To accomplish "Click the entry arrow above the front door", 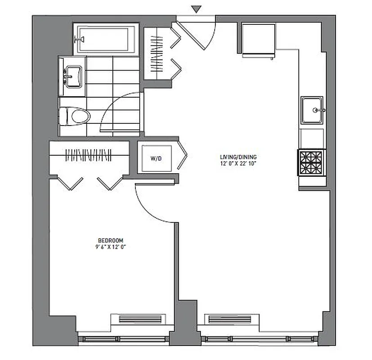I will click(195, 9).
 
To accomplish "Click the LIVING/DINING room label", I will click(238, 157).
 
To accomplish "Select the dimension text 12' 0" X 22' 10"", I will click(238, 163).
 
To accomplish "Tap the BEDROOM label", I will click(111, 240).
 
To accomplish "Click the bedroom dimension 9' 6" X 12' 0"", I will click(111, 247).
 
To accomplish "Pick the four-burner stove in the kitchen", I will click(310, 163).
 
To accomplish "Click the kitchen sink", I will click(312, 109).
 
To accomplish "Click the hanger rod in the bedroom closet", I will click(89, 155).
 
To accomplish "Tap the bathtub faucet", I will click(81, 39).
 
